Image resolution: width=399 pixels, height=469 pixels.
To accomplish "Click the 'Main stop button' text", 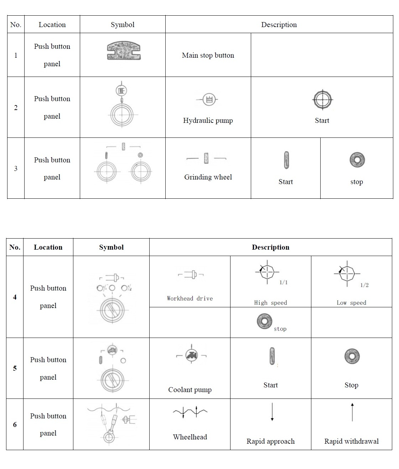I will point(208,55).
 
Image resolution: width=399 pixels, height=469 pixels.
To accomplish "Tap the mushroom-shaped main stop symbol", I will point(123,50).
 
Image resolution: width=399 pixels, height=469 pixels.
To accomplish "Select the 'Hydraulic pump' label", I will point(208,120).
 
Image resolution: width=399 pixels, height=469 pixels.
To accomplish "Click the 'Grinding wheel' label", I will point(208,177).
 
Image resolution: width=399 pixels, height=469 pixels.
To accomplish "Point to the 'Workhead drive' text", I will point(190,298).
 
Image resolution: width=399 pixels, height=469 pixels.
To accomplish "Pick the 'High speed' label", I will point(270,303).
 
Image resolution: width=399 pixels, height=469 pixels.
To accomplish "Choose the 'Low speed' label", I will point(351,303).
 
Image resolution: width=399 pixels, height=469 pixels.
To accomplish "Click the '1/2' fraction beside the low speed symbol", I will point(364,285).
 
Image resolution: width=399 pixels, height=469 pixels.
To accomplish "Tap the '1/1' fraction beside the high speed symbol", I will point(283,282).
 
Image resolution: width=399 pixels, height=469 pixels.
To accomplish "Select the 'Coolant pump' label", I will point(190,390).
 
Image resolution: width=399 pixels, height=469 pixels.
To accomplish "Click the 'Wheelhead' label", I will point(190,437).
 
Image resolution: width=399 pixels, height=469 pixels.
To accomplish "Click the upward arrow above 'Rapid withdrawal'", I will point(352,412).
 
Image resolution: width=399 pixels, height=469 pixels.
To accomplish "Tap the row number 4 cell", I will point(15,297).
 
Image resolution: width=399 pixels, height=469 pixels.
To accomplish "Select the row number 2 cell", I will point(16,108).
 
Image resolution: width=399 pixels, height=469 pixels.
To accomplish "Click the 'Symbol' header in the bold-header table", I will point(111,247).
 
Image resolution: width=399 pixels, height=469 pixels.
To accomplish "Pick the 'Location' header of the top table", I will point(52,25).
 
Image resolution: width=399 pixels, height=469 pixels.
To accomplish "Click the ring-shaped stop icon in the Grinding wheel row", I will point(357,160).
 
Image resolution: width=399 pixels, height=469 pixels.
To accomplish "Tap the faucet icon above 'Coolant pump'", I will point(192,355).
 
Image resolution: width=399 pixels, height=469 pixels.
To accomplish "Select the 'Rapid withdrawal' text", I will point(351,441).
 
